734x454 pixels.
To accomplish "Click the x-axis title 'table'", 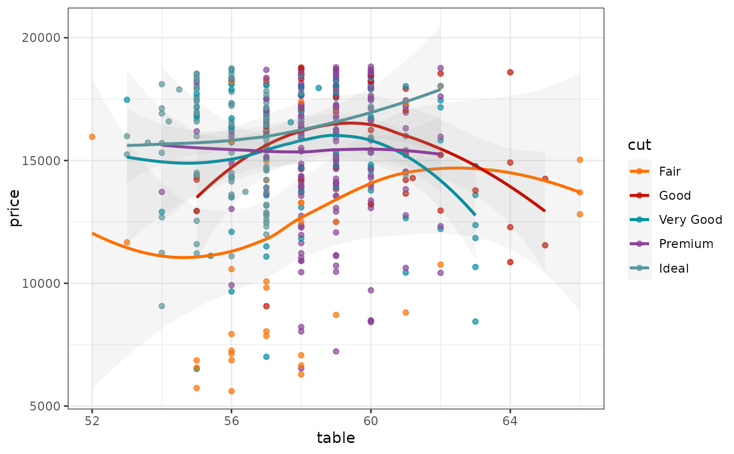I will click(x=336, y=438).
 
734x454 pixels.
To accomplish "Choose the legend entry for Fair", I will click(x=670, y=171).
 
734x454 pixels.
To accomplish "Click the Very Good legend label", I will click(x=690, y=220).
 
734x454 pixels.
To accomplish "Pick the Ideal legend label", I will click(x=674, y=269).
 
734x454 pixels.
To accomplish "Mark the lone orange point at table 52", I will click(x=92, y=137).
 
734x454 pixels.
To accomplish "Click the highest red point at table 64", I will click(x=510, y=72).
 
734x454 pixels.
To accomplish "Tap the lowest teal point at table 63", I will click(x=476, y=321).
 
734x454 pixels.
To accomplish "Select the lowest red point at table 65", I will click(x=545, y=245).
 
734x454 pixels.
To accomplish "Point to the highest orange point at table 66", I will click(x=580, y=160).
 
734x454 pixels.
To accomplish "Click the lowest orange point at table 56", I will click(x=231, y=391).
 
